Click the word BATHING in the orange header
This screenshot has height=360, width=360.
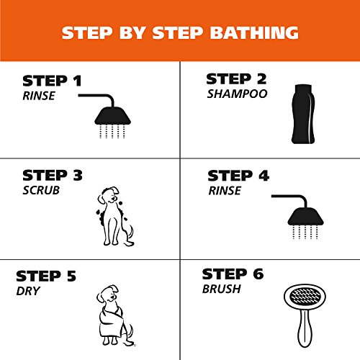pos(258,32)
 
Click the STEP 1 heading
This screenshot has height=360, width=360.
pos(53,81)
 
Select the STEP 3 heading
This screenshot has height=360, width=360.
pos(53,175)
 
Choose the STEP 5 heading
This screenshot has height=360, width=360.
pos(46,275)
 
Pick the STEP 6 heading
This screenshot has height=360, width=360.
pos(233,274)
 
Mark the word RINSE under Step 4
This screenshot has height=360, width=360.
pos(223,191)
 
